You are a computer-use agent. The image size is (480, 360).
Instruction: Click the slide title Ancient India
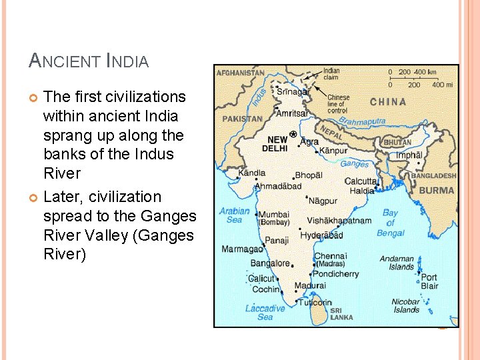[x=89, y=62]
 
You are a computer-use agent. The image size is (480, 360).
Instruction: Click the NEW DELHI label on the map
[x=277, y=144]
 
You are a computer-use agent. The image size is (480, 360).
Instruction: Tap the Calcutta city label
[x=361, y=181]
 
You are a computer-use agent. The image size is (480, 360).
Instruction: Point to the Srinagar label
[x=293, y=92]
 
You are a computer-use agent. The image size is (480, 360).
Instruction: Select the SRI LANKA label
[x=341, y=314]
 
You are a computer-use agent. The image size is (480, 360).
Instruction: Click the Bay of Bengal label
[x=391, y=223]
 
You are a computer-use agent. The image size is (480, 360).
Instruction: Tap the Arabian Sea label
[x=235, y=215]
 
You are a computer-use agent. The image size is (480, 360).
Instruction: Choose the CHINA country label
[x=388, y=102]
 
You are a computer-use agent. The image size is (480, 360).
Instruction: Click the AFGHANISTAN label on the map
[x=241, y=73]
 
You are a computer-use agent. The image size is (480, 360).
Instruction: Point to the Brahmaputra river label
[x=362, y=121]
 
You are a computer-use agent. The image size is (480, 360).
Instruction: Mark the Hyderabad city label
[x=321, y=235]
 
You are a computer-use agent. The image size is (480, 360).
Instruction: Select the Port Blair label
[x=429, y=281]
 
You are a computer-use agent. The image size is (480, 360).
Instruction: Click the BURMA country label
[x=437, y=190]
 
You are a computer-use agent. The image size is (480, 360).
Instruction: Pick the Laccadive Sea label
[x=265, y=313]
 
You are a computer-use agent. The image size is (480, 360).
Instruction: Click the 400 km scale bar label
[x=425, y=71]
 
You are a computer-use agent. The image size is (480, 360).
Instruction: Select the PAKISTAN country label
[x=243, y=119]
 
